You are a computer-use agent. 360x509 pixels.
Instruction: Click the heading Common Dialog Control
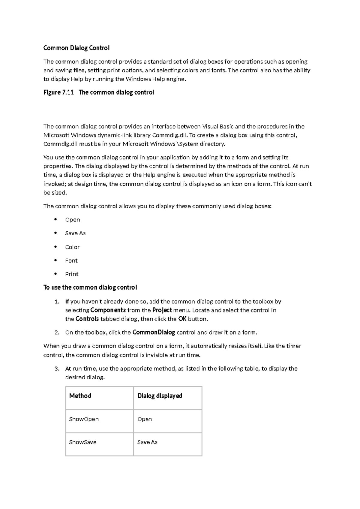point(76,48)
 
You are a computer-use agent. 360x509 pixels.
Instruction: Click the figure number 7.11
point(68,92)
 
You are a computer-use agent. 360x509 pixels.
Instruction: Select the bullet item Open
point(73,220)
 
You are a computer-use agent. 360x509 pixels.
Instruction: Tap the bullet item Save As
point(75,233)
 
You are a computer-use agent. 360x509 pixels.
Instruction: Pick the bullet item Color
point(72,247)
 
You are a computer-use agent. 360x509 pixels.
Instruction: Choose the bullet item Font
point(71,261)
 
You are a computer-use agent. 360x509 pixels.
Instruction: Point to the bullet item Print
point(72,274)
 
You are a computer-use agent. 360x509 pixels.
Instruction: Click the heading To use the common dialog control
point(90,288)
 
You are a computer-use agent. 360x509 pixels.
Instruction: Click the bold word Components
point(108,310)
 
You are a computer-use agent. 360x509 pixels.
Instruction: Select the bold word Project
point(162,310)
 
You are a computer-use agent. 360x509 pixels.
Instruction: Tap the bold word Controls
point(87,319)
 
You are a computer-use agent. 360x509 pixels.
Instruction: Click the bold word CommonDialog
point(154,332)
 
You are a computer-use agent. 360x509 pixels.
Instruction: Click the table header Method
point(80,396)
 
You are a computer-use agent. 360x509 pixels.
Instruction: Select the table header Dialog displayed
point(160,396)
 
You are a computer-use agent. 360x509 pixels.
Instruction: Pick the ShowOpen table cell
point(84,419)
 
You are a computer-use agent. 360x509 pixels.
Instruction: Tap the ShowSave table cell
point(83,442)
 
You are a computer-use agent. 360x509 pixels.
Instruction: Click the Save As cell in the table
point(147,442)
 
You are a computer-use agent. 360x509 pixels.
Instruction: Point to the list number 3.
point(57,369)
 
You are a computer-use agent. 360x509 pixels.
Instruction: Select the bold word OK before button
point(182,319)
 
